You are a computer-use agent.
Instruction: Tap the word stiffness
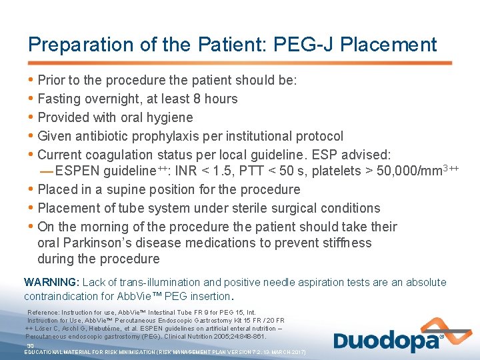coord(343,243)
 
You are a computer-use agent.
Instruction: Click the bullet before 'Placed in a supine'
coord(31,189)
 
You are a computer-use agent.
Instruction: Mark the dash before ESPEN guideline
coord(46,171)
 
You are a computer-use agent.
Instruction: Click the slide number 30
coord(30,346)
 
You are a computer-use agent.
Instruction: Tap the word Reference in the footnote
coord(43,312)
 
